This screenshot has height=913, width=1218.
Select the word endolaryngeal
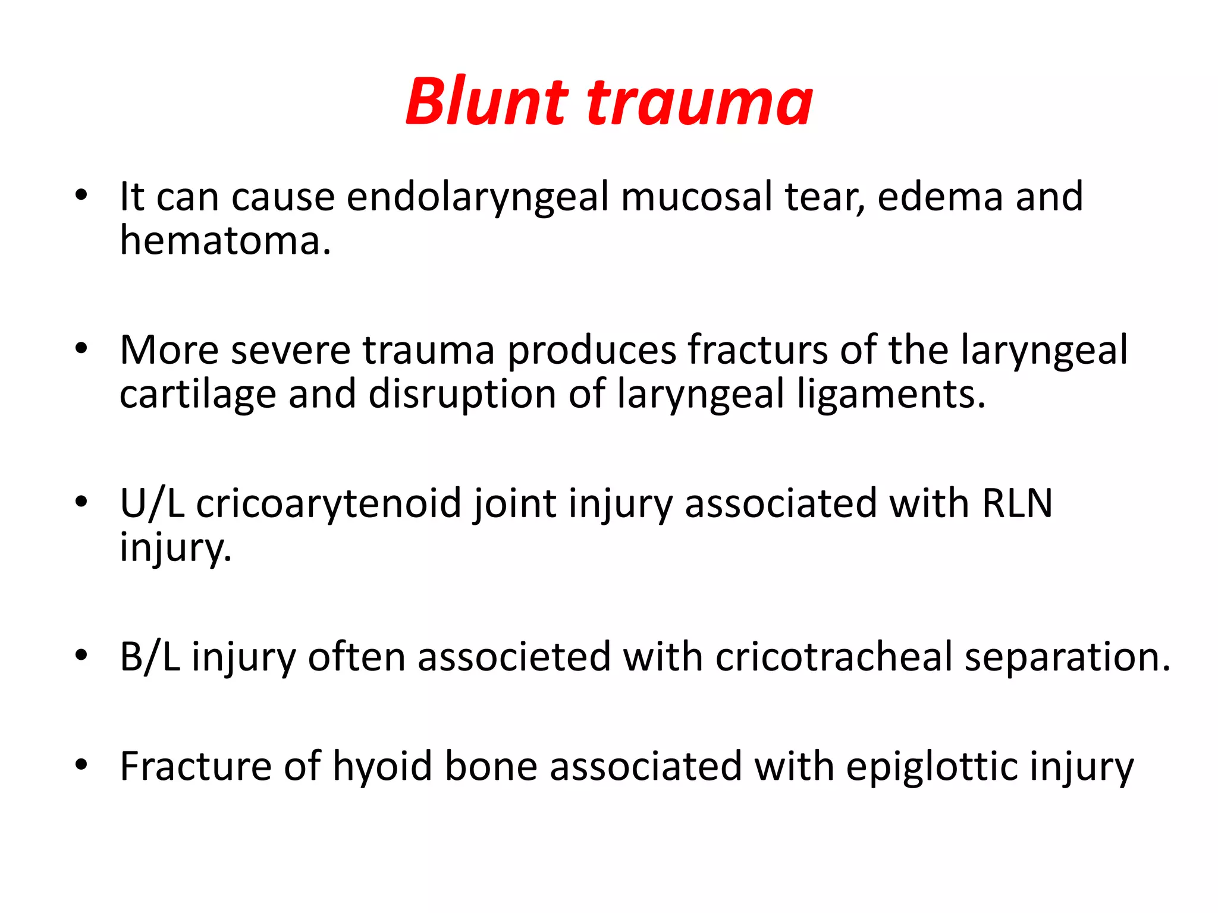point(478,198)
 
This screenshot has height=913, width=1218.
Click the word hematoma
point(225,241)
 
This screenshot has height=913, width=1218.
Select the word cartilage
point(198,395)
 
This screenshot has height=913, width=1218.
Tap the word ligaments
point(891,395)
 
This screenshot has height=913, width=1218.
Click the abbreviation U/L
point(152,504)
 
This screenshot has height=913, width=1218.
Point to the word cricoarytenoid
point(329,504)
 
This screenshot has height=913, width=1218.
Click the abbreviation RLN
point(1017,504)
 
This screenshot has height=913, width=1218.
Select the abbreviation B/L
point(150,657)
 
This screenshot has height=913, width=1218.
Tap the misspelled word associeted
point(514,657)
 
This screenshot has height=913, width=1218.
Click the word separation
point(1068,657)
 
